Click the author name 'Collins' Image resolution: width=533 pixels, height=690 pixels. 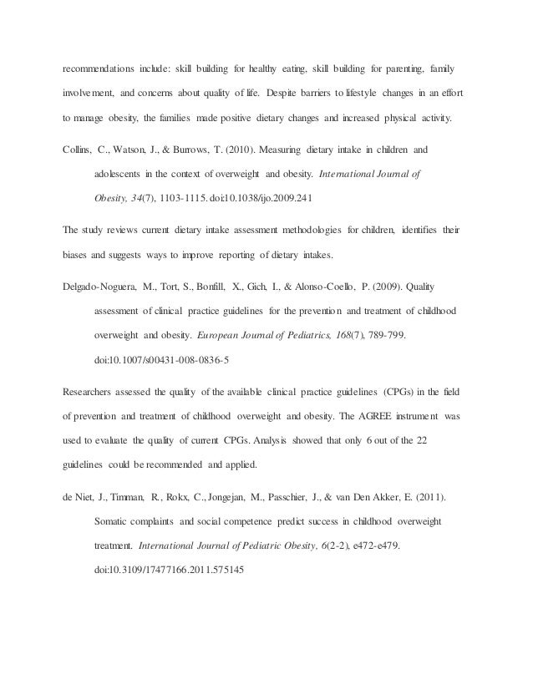point(80,151)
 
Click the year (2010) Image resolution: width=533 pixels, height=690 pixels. point(258,151)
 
